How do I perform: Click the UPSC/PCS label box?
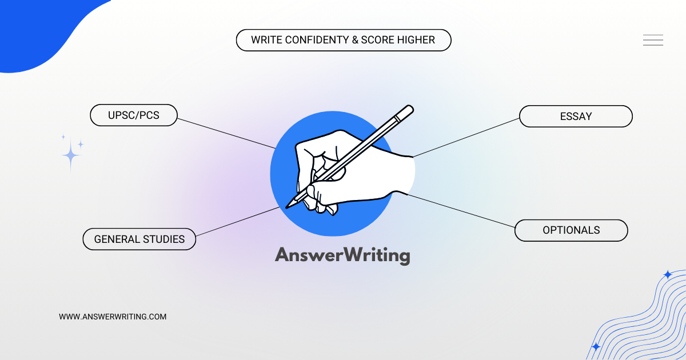[x=134, y=115]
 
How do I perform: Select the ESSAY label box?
[x=576, y=116]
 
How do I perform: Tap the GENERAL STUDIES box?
[x=139, y=239]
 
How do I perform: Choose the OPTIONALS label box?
[x=571, y=230]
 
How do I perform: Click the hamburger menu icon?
[x=653, y=40]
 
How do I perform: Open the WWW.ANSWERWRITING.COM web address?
[x=113, y=316]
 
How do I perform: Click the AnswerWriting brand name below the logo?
[x=342, y=255]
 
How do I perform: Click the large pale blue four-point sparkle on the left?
[x=71, y=155]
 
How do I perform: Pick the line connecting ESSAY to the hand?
[x=466, y=138]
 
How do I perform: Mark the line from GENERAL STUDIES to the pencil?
[x=237, y=221]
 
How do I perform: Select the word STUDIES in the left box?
[x=164, y=239]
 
